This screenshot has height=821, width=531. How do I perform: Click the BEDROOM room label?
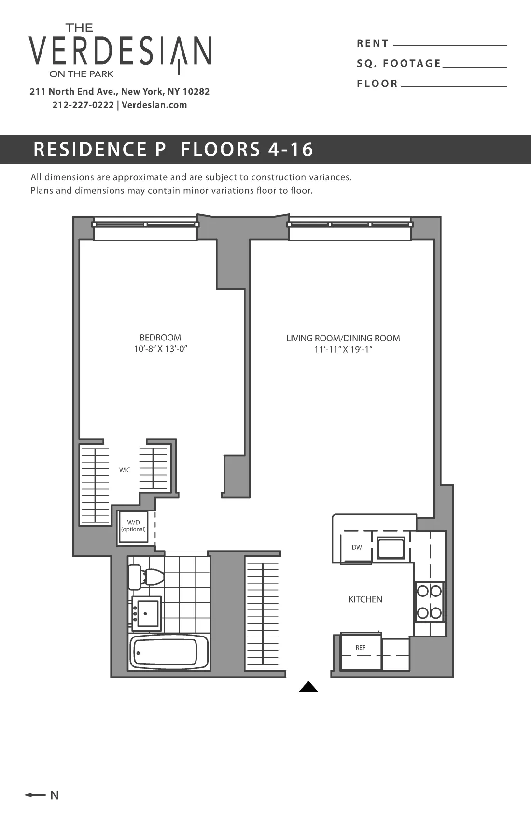[x=160, y=338]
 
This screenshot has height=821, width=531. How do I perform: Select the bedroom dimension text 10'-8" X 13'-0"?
[x=160, y=349]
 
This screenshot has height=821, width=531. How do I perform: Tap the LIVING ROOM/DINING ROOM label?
[x=343, y=338]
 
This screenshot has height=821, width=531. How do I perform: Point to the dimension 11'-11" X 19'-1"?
[x=343, y=349]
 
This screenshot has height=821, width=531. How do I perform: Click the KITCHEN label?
[x=365, y=599]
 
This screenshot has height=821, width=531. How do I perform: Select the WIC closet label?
[x=125, y=470]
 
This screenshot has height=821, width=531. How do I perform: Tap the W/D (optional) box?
[x=134, y=526]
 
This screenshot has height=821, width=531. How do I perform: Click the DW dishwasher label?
[x=357, y=547]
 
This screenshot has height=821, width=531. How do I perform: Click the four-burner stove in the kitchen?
[x=429, y=602]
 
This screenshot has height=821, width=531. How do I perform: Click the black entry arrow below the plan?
[x=308, y=687]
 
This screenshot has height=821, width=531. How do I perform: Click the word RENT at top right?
[x=372, y=43]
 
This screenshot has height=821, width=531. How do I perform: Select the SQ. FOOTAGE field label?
[x=399, y=64]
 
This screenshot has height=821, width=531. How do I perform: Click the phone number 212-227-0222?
[x=83, y=105]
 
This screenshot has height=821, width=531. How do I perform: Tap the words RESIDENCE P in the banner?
[x=99, y=149]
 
